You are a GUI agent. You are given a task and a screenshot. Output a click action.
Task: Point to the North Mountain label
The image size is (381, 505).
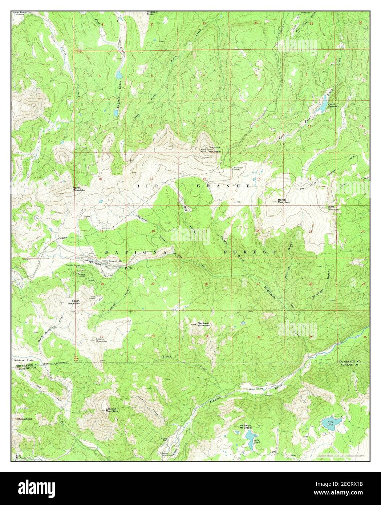click(x=79, y=189)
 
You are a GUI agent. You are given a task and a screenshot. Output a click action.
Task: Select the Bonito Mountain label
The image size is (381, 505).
click(x=284, y=201)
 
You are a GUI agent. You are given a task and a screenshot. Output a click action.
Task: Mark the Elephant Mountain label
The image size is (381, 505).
click(x=203, y=324)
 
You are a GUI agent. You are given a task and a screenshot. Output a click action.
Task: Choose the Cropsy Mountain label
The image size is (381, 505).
click(x=101, y=340)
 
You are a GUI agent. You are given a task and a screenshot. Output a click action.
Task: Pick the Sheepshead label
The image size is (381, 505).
click(x=24, y=419)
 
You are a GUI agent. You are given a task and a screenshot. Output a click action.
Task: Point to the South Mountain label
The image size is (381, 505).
click(x=76, y=302)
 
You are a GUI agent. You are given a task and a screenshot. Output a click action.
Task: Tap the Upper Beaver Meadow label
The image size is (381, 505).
click(x=20, y=13)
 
